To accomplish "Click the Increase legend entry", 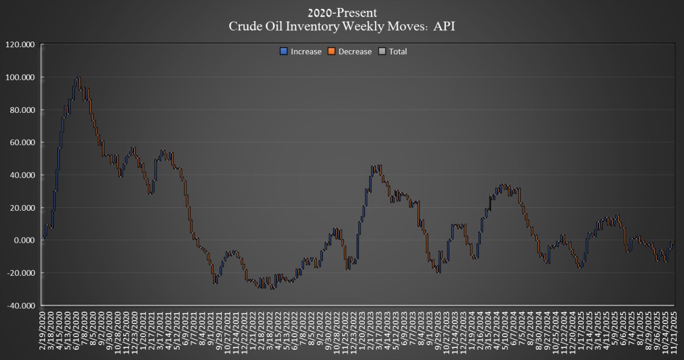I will (x=306, y=51).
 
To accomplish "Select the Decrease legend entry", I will (x=355, y=51).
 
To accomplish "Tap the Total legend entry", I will (x=398, y=51).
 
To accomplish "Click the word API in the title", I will (x=444, y=26).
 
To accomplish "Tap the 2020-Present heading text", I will (x=341, y=12).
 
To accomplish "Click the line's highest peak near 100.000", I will (x=78, y=77).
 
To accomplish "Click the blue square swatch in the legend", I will (x=283, y=51).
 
